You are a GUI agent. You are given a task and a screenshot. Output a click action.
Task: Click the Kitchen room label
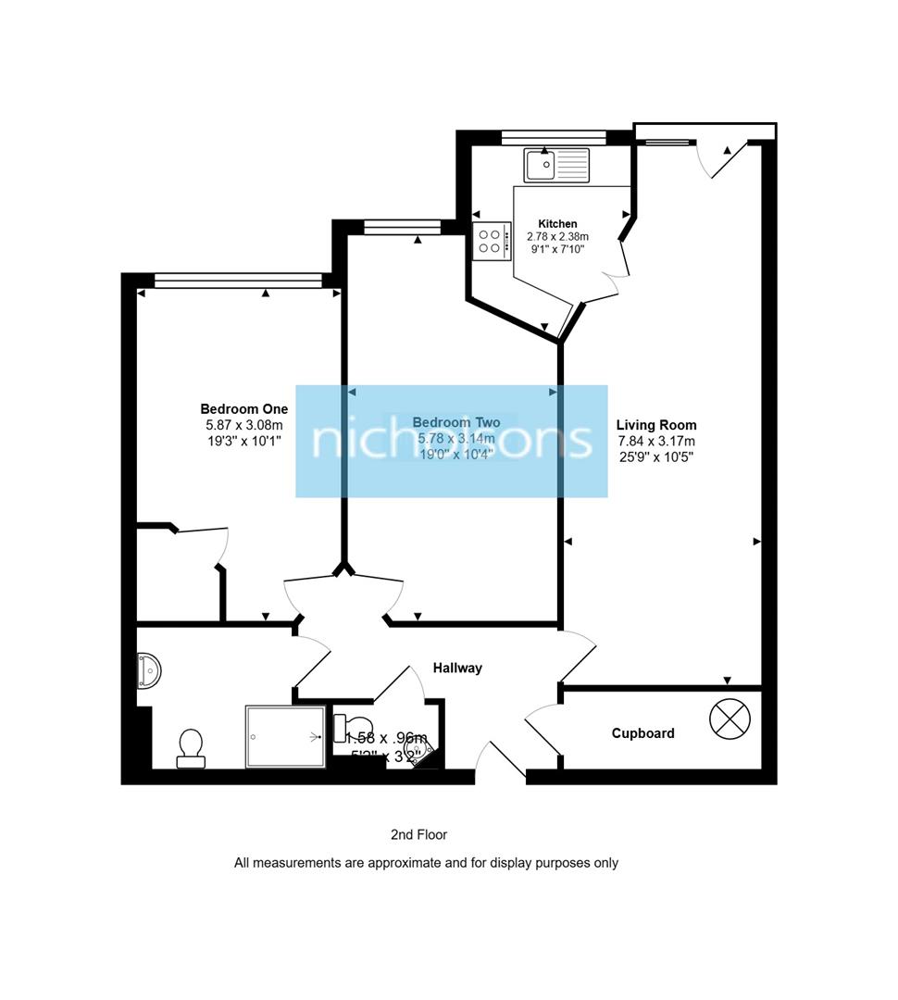point(557,224)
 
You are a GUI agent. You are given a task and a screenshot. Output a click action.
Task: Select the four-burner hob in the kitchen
point(492,241)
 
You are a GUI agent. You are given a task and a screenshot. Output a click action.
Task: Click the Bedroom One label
point(243,409)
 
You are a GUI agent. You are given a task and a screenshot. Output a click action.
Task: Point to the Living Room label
point(656,425)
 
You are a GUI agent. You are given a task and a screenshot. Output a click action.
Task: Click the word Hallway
point(457,668)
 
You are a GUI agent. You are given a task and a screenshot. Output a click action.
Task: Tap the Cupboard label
point(642,733)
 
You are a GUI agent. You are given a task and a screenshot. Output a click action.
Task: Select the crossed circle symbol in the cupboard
point(728,719)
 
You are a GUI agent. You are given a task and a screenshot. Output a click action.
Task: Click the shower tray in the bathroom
point(285,737)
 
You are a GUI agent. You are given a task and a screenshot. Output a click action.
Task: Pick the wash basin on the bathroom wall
point(149,670)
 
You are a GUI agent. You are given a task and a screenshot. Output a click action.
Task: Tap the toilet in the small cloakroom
point(353,725)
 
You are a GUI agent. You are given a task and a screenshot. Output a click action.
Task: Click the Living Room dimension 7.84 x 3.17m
point(655,442)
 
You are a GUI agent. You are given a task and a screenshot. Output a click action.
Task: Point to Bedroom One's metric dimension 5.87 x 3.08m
point(243,426)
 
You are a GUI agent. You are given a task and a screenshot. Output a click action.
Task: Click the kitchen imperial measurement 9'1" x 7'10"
point(557,249)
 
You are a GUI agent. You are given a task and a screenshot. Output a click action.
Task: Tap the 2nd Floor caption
point(418,835)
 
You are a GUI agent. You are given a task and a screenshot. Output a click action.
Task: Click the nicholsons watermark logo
point(452,441)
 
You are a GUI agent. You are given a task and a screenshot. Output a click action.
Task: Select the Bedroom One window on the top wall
point(237,280)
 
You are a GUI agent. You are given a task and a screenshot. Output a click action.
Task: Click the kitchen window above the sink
point(553,137)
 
